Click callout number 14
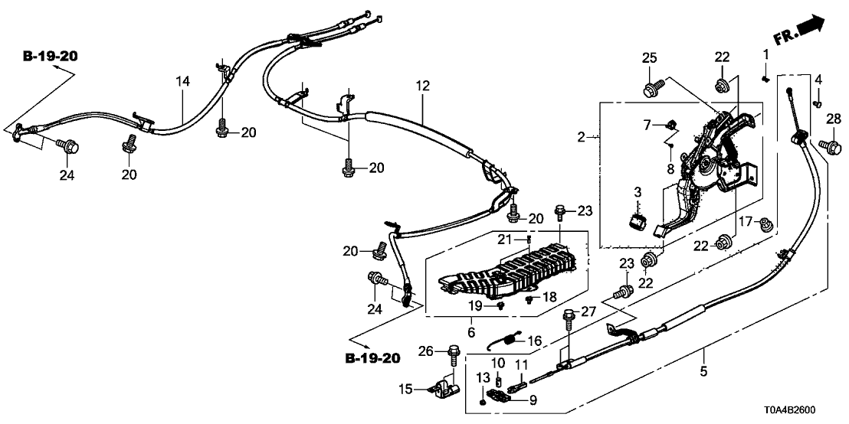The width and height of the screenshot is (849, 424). [182, 80]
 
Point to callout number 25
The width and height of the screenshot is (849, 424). [650, 57]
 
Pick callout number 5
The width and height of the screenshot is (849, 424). [703, 372]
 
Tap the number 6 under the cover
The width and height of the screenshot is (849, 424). [470, 331]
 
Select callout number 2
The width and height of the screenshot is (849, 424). [582, 138]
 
